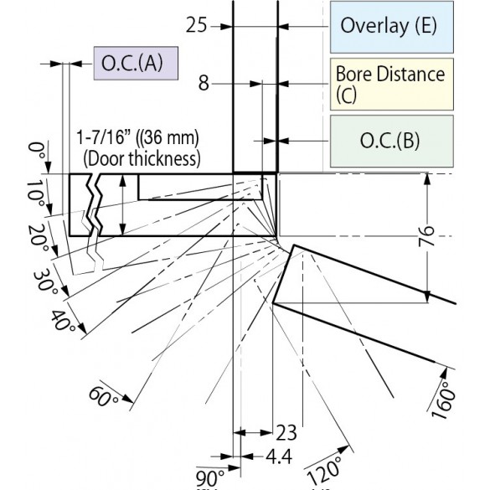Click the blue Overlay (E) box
click(392, 27)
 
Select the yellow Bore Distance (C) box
click(392, 84)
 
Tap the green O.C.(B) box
click(392, 142)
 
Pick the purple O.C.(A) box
click(136, 64)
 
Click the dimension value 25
click(196, 25)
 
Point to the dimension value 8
click(204, 84)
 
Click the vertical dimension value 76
click(426, 236)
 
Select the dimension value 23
click(286, 433)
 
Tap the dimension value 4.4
click(279, 456)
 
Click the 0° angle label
click(36, 151)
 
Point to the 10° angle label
click(35, 193)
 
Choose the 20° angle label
click(39, 239)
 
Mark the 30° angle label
click(45, 282)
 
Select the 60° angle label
click(103, 397)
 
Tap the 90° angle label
click(210, 478)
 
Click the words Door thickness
click(142, 159)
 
